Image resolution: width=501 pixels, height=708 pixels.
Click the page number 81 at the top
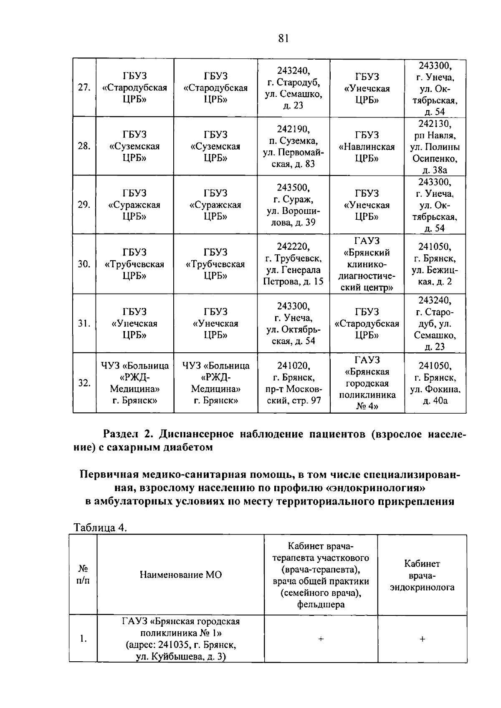click(283, 38)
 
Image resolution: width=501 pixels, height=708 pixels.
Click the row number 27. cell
click(84, 88)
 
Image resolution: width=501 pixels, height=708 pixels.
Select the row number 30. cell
click(84, 264)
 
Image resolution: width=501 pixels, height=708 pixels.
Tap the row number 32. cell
click(84, 383)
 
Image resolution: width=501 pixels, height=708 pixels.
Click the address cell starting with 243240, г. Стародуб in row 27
click(293, 88)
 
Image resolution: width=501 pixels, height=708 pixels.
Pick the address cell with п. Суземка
click(293, 146)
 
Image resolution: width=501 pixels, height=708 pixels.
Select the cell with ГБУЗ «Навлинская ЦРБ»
click(367, 147)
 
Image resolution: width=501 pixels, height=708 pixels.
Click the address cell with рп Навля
click(435, 147)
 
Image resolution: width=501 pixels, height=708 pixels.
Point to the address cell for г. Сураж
click(293, 205)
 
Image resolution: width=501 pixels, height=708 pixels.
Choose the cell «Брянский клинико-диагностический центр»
click(367, 264)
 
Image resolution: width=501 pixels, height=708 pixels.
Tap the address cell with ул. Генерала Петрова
click(293, 264)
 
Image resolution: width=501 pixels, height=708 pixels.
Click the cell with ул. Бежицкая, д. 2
click(435, 264)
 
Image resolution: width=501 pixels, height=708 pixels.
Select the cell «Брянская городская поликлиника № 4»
click(367, 383)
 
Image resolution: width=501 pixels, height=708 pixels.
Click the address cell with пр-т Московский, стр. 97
click(293, 383)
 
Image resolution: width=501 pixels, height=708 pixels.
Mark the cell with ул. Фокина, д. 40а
click(435, 383)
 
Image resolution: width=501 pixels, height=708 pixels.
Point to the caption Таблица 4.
click(100, 527)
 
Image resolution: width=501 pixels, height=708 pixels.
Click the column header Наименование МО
click(180, 575)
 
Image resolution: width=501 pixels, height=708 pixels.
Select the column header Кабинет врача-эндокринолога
click(422, 575)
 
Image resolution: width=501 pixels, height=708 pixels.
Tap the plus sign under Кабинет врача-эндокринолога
click(422, 639)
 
